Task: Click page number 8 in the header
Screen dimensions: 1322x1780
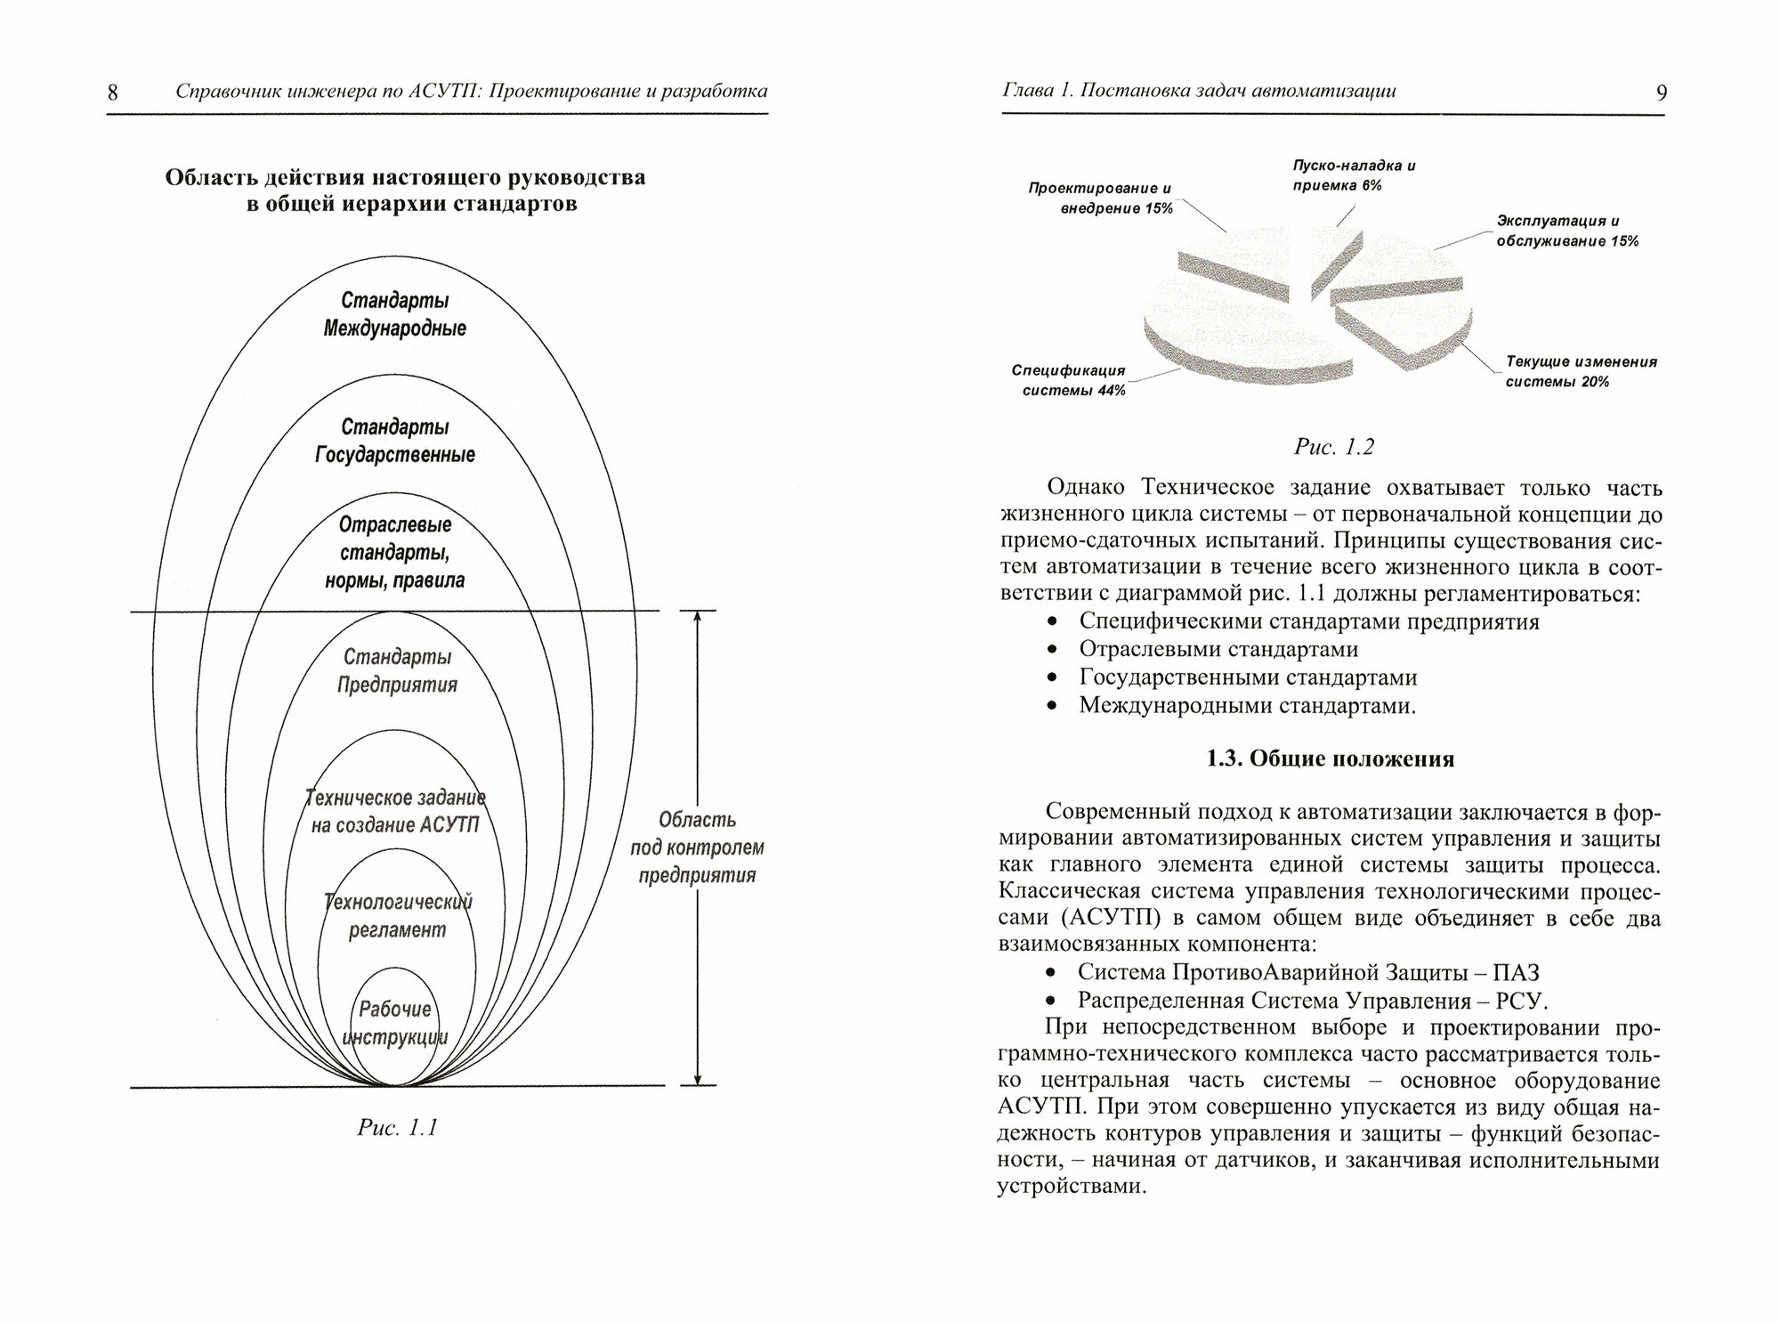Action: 113,93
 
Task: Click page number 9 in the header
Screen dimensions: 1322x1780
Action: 1661,93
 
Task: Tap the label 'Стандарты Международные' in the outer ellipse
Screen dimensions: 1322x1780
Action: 394,314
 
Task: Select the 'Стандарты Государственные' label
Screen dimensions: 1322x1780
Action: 394,441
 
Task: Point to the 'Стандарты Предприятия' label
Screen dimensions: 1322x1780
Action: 397,670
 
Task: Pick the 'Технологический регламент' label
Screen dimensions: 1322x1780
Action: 397,916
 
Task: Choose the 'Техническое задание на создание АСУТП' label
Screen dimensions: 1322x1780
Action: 395,810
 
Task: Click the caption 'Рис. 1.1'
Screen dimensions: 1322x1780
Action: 397,1128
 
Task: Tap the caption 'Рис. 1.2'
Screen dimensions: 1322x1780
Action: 1333,447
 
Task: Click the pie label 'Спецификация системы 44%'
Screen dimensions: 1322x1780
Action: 1068,380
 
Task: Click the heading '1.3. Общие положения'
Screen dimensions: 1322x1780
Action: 1331,758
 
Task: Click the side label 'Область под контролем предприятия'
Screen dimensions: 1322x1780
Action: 697,848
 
